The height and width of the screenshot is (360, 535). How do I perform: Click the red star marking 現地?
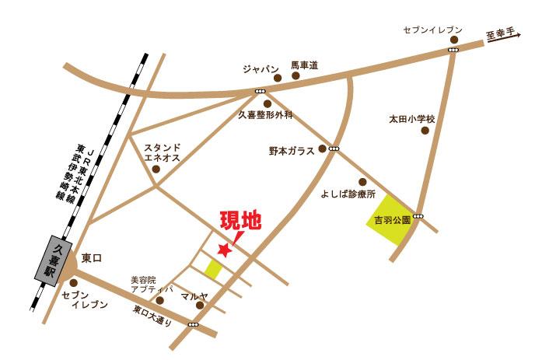coord(225,250)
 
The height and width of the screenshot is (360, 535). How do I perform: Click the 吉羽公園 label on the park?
coord(392,219)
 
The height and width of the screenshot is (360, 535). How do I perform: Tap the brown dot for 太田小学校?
coord(425,131)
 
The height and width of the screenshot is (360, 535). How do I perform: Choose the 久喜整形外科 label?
coord(264,115)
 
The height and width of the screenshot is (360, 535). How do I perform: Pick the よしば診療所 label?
coord(348,193)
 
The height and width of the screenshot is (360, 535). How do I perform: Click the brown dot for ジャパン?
coord(277,78)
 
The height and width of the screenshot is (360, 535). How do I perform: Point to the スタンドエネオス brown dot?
coord(156,168)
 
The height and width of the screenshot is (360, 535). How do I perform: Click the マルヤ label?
coord(194,296)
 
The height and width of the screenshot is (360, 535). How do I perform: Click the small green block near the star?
coord(213,269)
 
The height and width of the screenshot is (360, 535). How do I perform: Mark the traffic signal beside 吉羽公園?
coord(419,215)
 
